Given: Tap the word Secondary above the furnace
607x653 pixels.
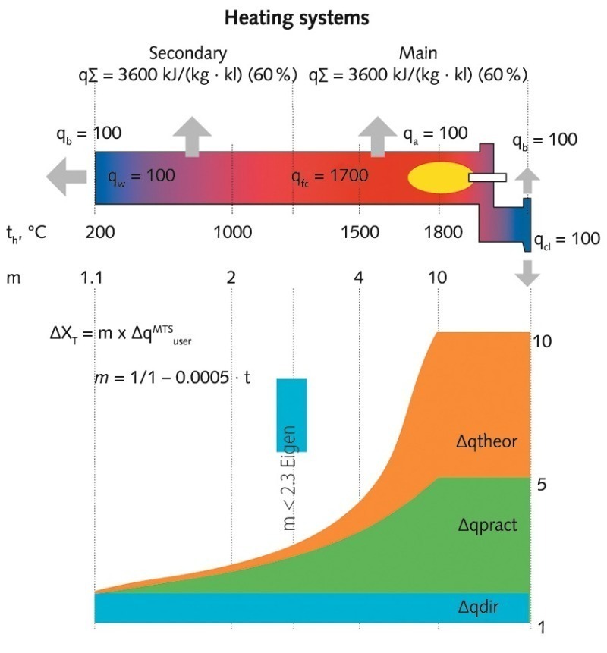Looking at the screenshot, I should pyautogui.click(x=187, y=53).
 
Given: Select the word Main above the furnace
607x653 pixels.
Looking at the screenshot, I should pyautogui.click(x=418, y=53).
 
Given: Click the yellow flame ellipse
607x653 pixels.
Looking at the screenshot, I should pyautogui.click(x=439, y=177).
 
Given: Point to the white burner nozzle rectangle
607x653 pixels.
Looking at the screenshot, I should pyautogui.click(x=486, y=177).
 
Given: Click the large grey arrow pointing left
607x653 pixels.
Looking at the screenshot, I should pyautogui.click(x=66, y=177).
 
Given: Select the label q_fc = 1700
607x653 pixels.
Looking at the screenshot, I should pyautogui.click(x=329, y=177).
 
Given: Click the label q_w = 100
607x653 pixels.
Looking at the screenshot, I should pyautogui.click(x=142, y=177).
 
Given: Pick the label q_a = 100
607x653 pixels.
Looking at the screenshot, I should pyautogui.click(x=435, y=133).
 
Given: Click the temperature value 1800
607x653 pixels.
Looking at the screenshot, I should pyautogui.click(x=439, y=233).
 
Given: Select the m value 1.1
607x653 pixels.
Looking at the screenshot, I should pyautogui.click(x=91, y=278).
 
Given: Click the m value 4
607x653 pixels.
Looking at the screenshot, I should pyautogui.click(x=358, y=278).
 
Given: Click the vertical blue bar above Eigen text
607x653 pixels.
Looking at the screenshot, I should pyautogui.click(x=291, y=414).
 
